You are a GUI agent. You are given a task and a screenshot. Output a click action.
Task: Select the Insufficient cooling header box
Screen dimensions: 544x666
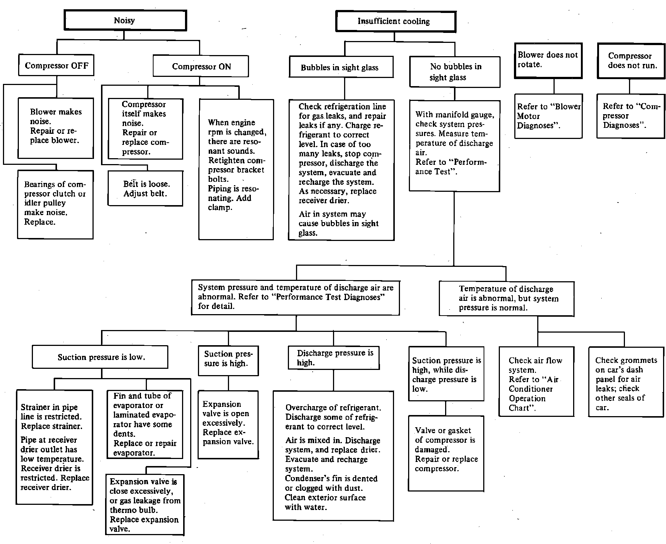tap(395, 21)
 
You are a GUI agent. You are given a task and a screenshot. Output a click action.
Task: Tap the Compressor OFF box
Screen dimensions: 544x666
tap(57, 66)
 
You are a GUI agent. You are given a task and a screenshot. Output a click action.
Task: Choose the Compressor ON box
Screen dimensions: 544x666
tap(201, 67)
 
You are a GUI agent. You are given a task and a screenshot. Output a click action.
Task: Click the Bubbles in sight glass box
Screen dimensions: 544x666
tap(340, 67)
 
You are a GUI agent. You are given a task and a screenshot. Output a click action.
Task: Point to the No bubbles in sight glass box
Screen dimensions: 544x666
tap(455, 72)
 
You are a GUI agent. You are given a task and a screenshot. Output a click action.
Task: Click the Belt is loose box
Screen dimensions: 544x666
tap(145, 188)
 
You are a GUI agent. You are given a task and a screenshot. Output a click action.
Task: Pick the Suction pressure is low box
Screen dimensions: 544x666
tap(100, 357)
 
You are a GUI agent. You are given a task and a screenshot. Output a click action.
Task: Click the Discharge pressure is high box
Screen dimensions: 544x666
tap(334, 358)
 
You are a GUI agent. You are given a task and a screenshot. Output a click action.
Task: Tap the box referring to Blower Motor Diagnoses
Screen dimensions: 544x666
tap(548, 116)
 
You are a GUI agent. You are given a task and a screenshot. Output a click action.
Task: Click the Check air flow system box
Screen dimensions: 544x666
tap(536, 382)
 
